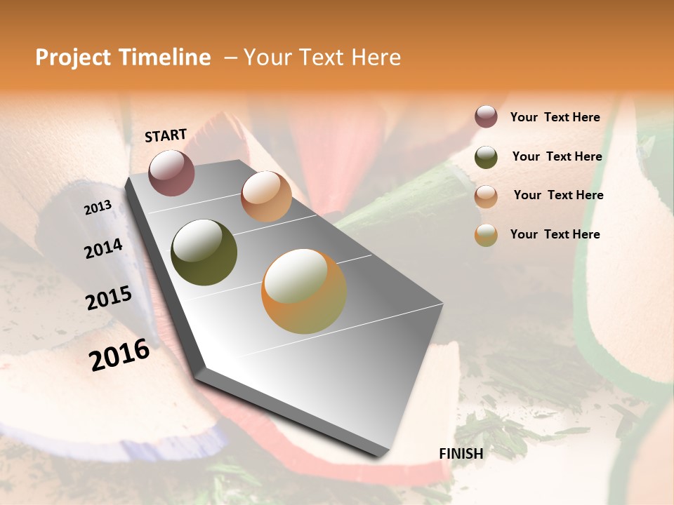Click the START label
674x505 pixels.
click(166, 135)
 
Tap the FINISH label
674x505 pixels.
click(461, 454)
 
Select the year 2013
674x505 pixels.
click(98, 208)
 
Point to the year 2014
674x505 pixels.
click(103, 249)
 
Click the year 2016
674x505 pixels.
click(119, 355)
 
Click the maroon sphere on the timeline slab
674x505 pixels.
click(171, 173)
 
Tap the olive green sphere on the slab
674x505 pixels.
click(204, 252)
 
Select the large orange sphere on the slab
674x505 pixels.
click(304, 291)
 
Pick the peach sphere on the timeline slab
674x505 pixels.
click(266, 196)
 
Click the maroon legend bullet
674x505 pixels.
click(486, 117)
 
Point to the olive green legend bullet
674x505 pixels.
click(486, 157)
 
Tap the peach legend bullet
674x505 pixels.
click(486, 196)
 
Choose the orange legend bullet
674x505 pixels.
click(486, 235)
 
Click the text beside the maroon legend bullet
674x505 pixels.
click(555, 118)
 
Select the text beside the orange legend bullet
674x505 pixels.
click(555, 234)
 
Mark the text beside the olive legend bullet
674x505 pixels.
click(557, 156)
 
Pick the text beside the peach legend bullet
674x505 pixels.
click(558, 195)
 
